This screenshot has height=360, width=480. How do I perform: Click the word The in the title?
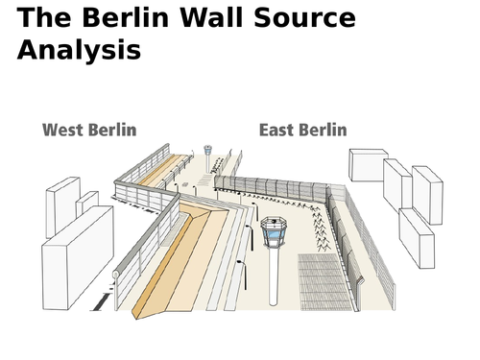(45, 18)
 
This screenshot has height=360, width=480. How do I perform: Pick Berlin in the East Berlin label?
(325, 130)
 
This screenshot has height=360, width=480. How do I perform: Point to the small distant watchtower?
(207, 154)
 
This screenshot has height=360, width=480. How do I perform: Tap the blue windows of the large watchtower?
(274, 231)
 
